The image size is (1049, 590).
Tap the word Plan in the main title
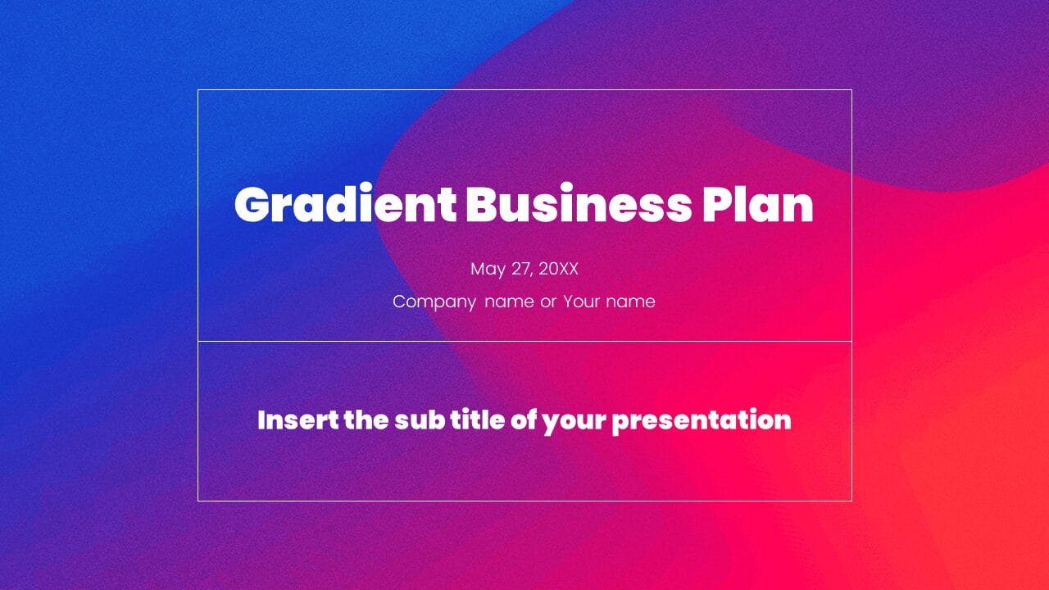(757, 205)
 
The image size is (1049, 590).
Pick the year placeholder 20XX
(558, 270)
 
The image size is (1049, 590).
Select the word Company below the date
(434, 302)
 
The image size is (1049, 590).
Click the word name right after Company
(509, 302)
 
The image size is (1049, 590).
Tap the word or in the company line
(548, 302)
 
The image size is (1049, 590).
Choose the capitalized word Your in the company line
(581, 302)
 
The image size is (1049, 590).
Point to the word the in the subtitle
(362, 420)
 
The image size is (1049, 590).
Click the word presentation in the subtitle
(702, 420)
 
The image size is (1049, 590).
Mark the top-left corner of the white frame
(198, 90)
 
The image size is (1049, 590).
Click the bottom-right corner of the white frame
(851, 500)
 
